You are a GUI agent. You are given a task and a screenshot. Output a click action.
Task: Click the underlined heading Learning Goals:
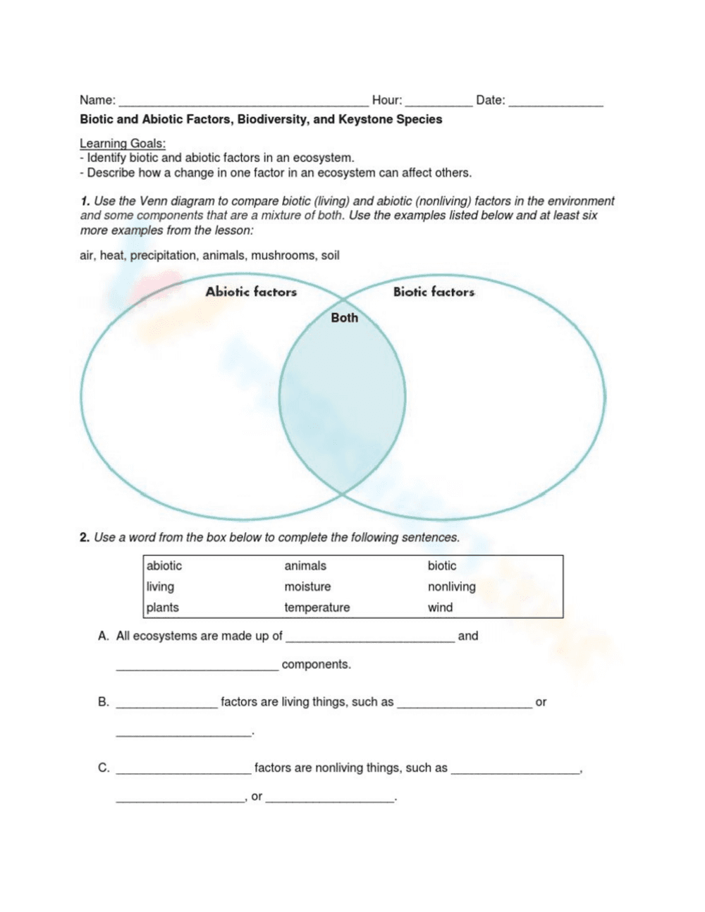click(x=123, y=143)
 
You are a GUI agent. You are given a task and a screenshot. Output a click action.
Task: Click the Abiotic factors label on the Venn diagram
click(x=251, y=292)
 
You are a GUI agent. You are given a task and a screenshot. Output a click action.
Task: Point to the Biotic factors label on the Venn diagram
click(x=434, y=292)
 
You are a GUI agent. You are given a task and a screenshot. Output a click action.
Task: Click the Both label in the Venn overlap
click(x=344, y=318)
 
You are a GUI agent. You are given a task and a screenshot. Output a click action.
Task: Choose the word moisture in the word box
click(x=307, y=586)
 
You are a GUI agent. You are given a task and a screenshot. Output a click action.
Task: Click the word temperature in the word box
click(x=317, y=608)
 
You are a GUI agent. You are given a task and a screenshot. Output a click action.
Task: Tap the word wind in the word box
click(x=440, y=608)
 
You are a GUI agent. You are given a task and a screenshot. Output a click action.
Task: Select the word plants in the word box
click(x=162, y=608)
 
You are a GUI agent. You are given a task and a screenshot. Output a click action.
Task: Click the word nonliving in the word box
click(x=451, y=586)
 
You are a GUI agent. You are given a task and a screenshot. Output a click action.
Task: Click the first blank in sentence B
click(x=166, y=704)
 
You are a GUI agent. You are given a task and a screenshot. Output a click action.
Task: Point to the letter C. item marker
click(x=104, y=768)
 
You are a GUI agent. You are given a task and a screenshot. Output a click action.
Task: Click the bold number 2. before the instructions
click(x=85, y=537)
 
